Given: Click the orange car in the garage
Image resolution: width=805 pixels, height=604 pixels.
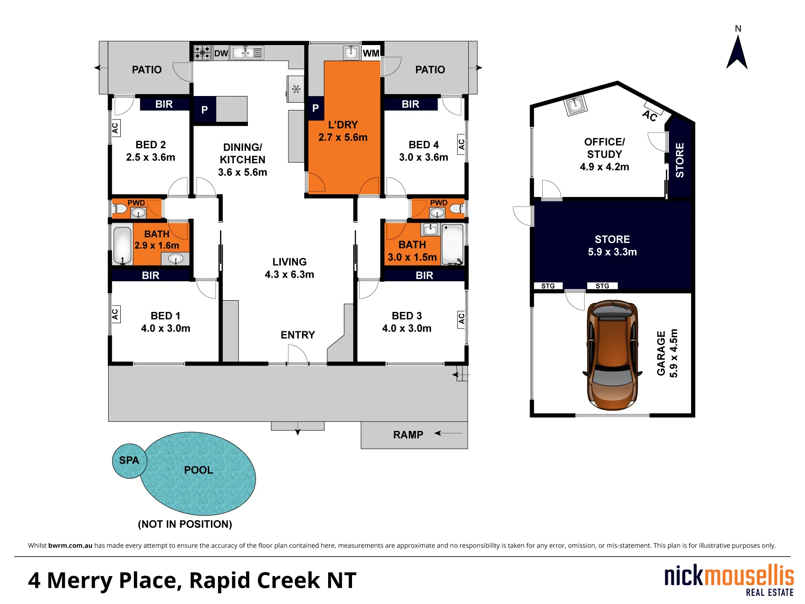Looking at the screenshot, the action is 613,355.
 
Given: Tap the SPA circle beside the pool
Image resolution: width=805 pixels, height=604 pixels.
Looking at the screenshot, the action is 129,461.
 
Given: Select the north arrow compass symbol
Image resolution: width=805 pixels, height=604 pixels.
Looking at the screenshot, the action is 737,52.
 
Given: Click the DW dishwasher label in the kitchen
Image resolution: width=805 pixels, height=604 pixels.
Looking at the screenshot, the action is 221,53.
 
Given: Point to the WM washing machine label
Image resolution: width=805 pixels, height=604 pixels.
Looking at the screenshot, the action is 371,53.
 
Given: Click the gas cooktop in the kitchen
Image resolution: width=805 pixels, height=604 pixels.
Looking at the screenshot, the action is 202,53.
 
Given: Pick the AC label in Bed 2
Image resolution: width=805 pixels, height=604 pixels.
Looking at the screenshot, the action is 115,128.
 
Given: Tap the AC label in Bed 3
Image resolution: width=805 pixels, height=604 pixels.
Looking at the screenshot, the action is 462,319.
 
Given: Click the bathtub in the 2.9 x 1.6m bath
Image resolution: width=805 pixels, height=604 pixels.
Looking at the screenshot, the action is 123,245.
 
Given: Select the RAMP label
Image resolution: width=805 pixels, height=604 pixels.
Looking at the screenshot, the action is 408,435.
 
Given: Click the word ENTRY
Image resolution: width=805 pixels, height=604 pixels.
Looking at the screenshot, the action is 297,335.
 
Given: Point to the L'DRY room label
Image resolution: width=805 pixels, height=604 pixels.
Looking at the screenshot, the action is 343,125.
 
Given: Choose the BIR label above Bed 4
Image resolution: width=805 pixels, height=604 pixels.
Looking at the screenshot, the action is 411,104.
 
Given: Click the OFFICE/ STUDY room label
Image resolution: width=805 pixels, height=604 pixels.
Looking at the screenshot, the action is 604,148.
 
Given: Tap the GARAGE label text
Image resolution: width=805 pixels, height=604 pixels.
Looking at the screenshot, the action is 661,353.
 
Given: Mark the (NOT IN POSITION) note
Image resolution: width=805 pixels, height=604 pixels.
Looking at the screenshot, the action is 185,524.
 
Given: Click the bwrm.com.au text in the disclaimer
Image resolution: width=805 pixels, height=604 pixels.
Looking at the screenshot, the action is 70,545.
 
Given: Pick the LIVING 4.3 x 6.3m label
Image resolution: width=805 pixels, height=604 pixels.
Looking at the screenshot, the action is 289,268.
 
